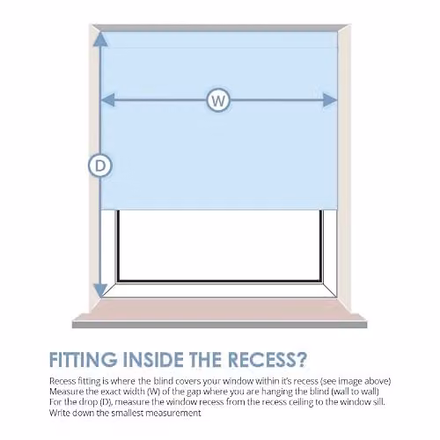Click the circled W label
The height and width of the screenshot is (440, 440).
coord(218,100)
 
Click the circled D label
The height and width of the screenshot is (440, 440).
coord(100,165)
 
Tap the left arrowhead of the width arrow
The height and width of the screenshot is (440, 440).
coord(108,99)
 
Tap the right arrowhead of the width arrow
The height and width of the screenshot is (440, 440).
coord(330,100)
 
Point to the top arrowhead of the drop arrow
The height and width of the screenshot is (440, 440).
coord(100,39)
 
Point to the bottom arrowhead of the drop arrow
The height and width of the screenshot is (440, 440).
coord(100,290)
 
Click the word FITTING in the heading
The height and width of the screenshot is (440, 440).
coord(83,359)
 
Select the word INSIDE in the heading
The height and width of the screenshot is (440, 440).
coord(152,359)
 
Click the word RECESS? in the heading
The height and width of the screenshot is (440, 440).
coord(268,359)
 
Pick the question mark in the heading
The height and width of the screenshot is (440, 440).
coord(300,359)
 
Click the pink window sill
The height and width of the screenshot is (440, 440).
coord(219,311)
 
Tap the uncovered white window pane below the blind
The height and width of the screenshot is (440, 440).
coord(219,246)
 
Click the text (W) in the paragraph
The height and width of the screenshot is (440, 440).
coord(154,392)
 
